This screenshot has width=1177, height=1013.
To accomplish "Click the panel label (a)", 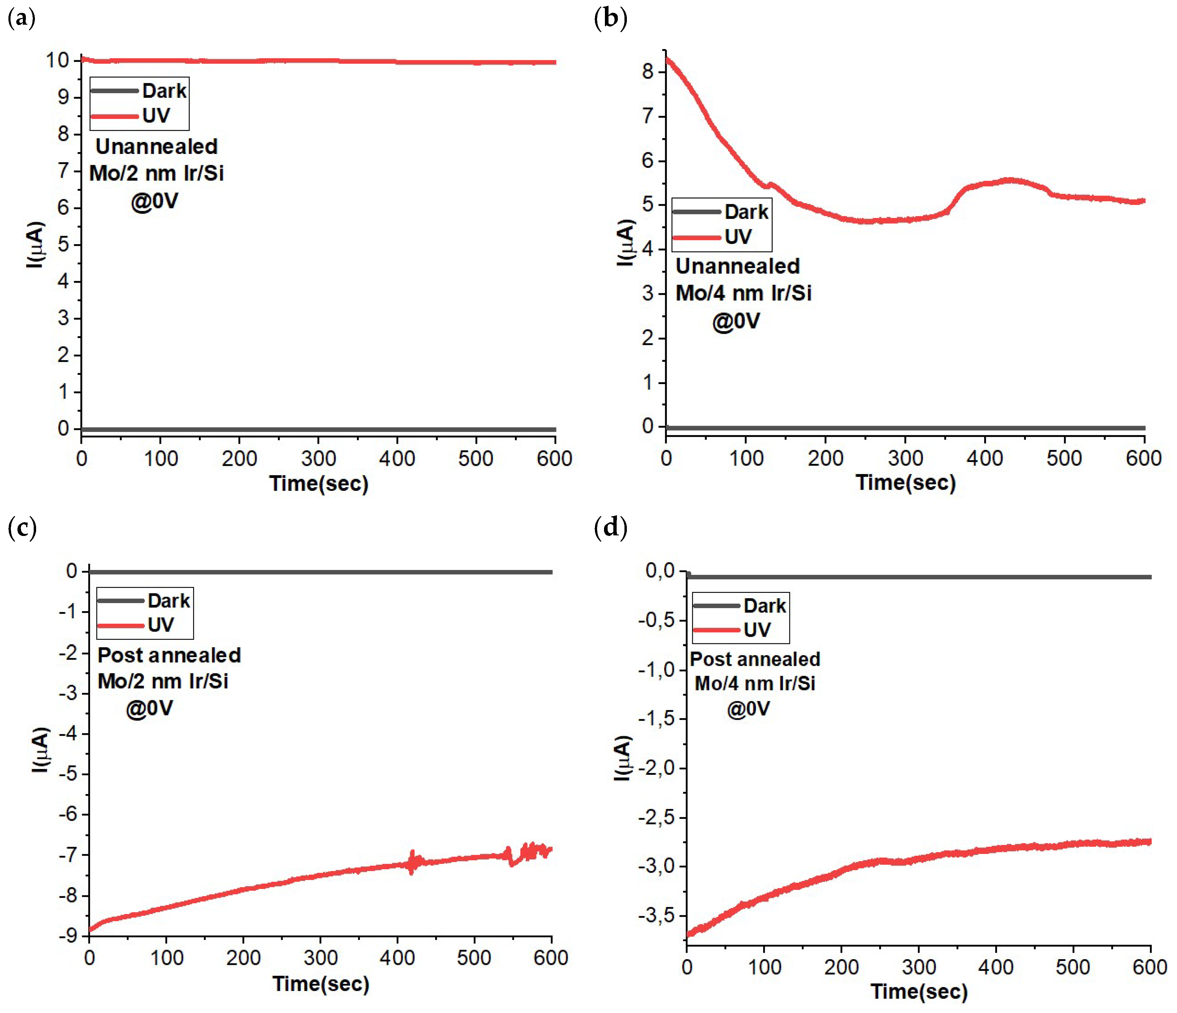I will (x=22, y=19).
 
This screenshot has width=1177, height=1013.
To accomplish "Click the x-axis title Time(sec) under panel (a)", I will (x=319, y=483).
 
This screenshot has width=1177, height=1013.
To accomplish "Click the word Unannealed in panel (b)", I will (x=737, y=266).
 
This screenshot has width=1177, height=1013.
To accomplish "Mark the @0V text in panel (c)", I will (x=149, y=708).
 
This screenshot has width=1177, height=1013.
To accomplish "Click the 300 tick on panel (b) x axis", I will (x=905, y=458).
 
